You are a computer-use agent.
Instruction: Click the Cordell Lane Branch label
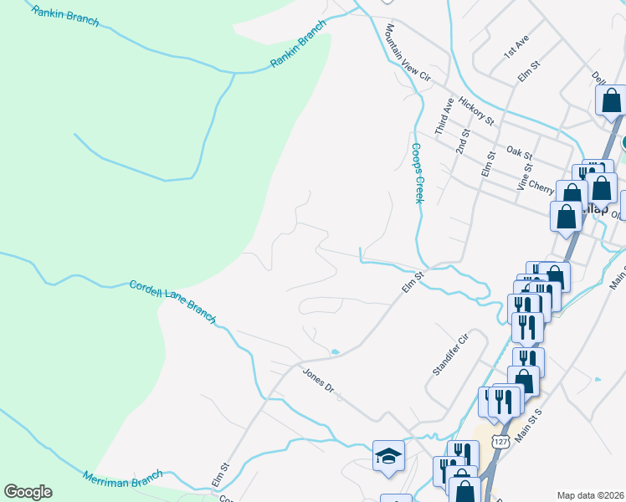(172, 302)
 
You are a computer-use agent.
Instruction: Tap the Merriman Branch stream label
(121, 479)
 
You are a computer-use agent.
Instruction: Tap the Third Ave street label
(443, 116)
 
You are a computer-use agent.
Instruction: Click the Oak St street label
(520, 152)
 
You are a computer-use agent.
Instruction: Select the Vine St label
(525, 177)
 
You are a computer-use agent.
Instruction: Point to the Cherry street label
(541, 190)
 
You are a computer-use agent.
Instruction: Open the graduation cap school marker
(388, 456)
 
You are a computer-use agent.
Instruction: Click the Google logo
(28, 492)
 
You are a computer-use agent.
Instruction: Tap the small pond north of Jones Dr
(335, 352)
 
